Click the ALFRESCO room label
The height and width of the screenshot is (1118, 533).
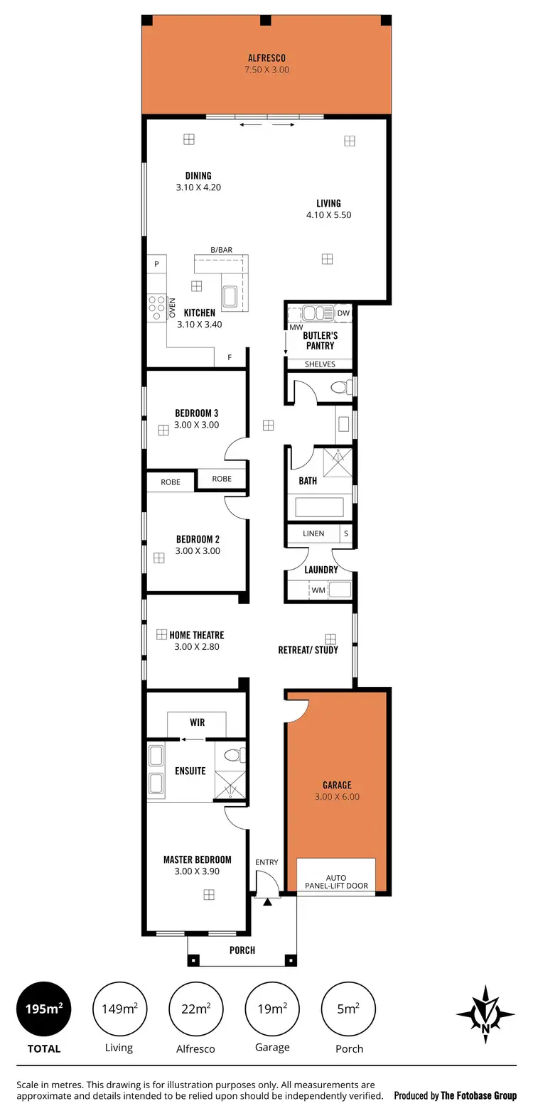pyautogui.click(x=266, y=58)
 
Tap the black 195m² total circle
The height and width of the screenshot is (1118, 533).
pyautogui.click(x=44, y=1009)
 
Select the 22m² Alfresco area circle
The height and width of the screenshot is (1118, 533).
pyautogui.click(x=195, y=1009)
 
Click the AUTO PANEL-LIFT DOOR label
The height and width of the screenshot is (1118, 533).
pyautogui.click(x=336, y=881)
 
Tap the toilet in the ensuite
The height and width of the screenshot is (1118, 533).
pyautogui.click(x=232, y=755)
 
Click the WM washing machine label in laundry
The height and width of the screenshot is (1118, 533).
pyautogui.click(x=318, y=590)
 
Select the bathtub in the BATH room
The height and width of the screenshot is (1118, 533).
pyautogui.click(x=319, y=507)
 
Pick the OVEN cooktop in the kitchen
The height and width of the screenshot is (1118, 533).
pyautogui.click(x=156, y=308)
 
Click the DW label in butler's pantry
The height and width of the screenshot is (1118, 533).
pyautogui.click(x=343, y=313)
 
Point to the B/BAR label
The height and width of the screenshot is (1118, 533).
pyautogui.click(x=221, y=250)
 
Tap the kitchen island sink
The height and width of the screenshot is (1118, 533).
pyautogui.click(x=230, y=296)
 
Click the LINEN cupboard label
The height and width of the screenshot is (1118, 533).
pyautogui.click(x=313, y=533)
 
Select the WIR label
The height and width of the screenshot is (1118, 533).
pyautogui.click(x=197, y=722)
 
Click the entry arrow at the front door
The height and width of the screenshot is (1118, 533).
pyautogui.click(x=267, y=902)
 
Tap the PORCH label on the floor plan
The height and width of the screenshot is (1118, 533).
pyautogui.click(x=242, y=950)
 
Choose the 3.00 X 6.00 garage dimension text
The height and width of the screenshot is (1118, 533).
pyautogui.click(x=337, y=797)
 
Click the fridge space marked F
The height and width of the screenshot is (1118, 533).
pyautogui.click(x=230, y=357)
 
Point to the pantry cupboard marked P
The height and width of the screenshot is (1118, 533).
pyautogui.click(x=156, y=264)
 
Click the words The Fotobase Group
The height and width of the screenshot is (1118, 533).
pyautogui.click(x=478, y=1095)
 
